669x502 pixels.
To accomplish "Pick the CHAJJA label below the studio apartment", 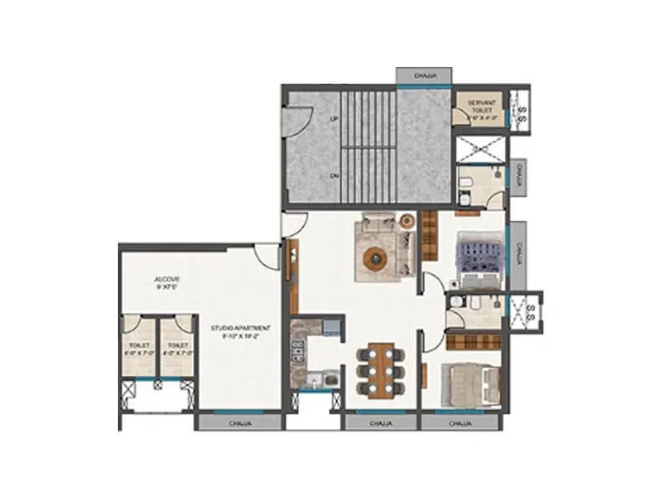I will (x=239, y=424).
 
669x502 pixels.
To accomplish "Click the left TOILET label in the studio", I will (x=138, y=347).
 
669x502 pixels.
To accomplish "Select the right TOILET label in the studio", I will (x=176, y=347).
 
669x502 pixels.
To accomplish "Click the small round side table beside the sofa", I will (x=407, y=222).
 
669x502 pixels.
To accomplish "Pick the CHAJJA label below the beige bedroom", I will (x=459, y=424).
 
